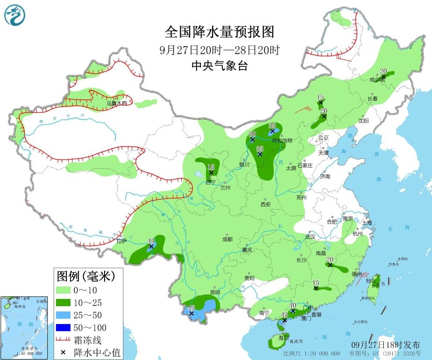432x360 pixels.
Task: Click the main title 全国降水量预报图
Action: pos(219,32)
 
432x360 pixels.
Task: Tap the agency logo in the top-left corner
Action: pos(14,15)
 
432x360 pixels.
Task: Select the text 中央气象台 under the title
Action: pos(219,66)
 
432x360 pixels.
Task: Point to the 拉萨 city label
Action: pos(121,241)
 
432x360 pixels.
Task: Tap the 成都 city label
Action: pos(227,239)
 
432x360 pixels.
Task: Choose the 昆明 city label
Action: pos(215,292)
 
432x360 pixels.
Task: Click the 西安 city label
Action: pos(265,204)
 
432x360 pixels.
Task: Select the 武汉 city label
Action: pos(310,237)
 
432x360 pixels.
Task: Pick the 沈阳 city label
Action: pos(363,120)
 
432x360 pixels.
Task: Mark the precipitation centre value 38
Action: pos(272,126)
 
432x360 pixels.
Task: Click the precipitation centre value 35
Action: pos(260,148)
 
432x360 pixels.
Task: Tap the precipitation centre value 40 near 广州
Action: pos(293,305)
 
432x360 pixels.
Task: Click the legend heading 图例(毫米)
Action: pos(86,276)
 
